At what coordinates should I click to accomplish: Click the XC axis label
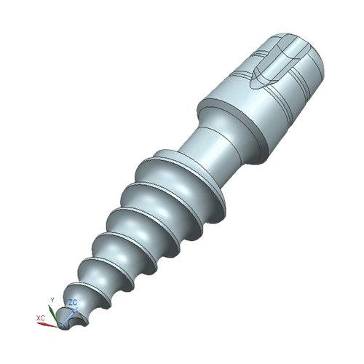[41, 318]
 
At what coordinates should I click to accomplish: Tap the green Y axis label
[52, 300]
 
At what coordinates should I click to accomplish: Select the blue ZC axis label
[73, 303]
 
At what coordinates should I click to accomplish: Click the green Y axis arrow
[53, 314]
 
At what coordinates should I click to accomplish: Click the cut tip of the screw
[71, 318]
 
